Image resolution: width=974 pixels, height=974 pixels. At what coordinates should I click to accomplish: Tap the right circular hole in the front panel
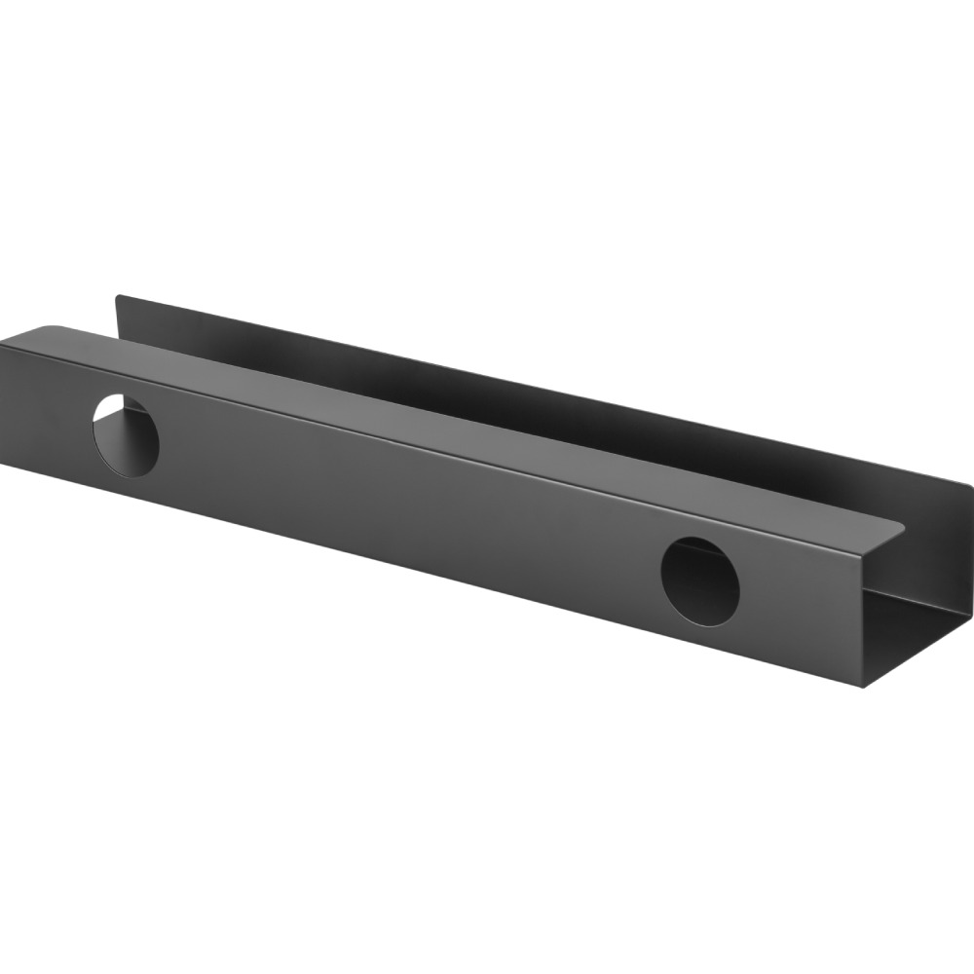(700, 581)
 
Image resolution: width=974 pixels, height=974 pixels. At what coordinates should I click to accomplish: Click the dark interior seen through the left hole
(131, 443)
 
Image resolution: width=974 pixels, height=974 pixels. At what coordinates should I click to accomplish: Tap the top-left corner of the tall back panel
(118, 297)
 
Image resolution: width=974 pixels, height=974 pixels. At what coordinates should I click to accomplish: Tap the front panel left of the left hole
(44, 409)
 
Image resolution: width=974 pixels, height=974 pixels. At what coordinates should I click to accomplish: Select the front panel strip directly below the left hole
(127, 487)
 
